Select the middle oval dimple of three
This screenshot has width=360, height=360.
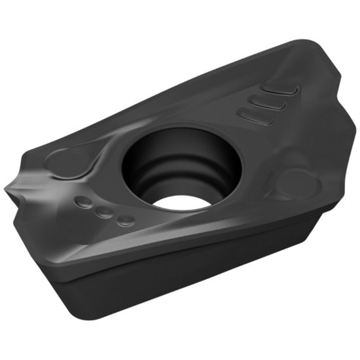click(103, 212)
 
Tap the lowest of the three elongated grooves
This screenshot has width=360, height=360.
click(255, 117)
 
